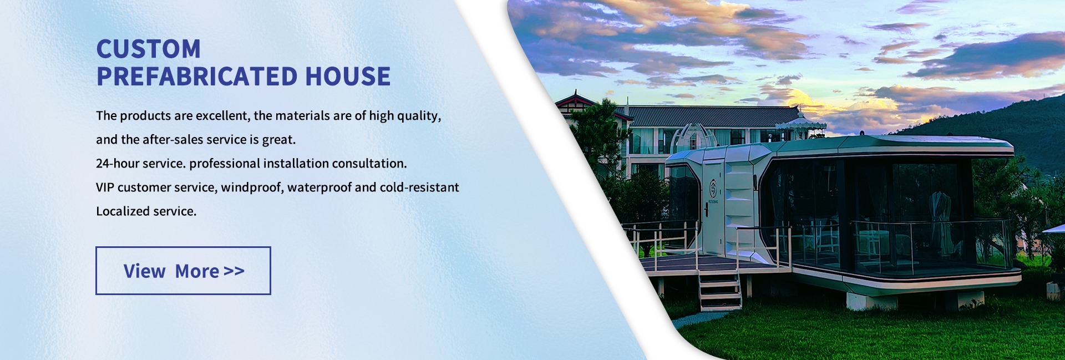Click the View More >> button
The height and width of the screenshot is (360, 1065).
click(183, 271)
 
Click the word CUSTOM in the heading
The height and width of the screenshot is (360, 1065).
click(149, 49)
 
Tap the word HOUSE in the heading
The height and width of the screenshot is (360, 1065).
click(348, 77)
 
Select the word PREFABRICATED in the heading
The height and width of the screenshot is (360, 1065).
click(196, 77)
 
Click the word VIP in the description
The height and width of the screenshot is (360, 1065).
click(105, 187)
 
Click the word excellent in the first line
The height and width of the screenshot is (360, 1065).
click(224, 116)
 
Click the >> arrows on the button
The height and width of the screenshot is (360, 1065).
click(234, 271)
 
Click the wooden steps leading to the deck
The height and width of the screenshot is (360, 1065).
click(719, 290)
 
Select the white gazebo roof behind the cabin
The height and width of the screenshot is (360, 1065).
click(800, 123)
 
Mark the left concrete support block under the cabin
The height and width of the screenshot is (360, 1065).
click(871, 301)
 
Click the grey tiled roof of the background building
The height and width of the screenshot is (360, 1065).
click(713, 116)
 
